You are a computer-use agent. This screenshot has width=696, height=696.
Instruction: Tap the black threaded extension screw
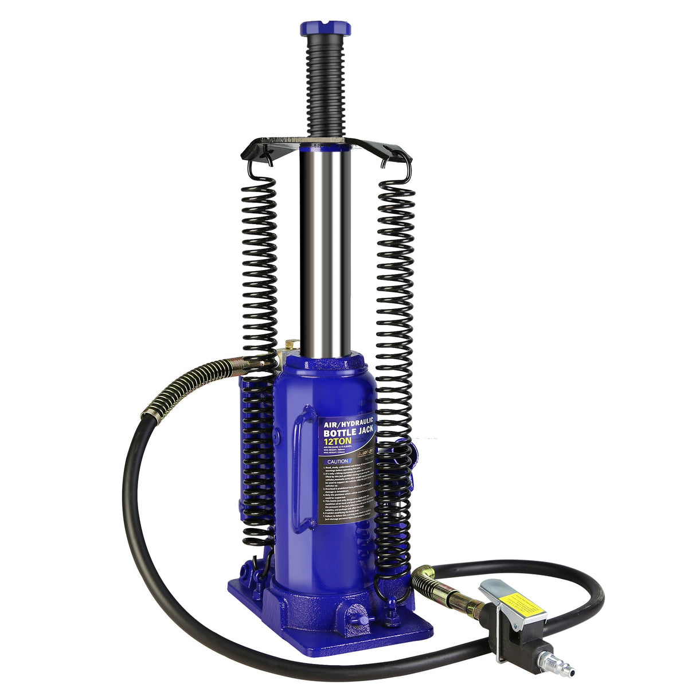click(324, 86)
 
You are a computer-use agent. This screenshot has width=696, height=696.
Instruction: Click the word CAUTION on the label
click(336, 460)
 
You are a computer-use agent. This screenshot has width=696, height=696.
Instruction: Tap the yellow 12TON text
click(338, 440)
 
